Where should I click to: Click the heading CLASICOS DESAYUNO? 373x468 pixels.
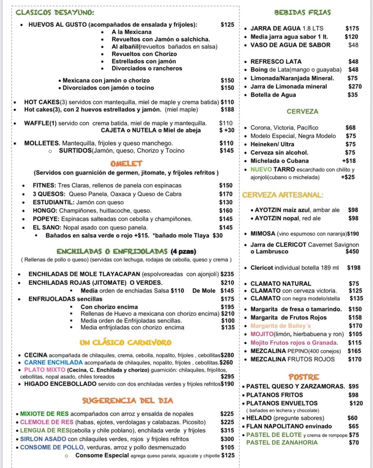tap(55, 13)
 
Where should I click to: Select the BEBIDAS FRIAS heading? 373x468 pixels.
tap(302, 13)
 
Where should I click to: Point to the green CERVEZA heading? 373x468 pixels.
tap(302, 112)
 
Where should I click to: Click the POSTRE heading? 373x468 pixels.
tap(304, 377)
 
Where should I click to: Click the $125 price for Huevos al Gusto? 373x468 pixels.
tap(228, 24)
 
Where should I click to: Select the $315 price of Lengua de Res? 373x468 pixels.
tap(227, 430)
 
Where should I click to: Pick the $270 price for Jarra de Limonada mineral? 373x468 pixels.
tap(352, 86)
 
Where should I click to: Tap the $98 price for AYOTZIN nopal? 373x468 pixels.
tap(353, 218)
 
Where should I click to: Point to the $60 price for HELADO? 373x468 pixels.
tap(352, 418)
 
